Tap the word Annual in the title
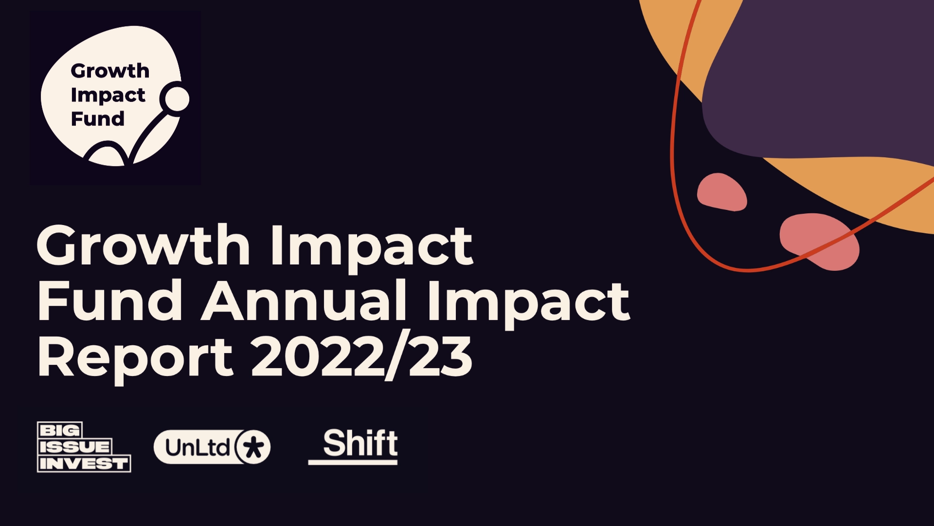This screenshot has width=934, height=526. tap(304, 301)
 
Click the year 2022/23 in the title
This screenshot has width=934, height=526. tap(361, 357)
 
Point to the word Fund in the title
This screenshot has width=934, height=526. tap(110, 301)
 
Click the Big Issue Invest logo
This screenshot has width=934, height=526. tap(84, 447)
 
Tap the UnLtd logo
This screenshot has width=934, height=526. tap(212, 447)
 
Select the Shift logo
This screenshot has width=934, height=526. tap(353, 446)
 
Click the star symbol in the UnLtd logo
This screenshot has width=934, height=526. tap(253, 447)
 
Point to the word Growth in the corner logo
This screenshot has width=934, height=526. tap(110, 71)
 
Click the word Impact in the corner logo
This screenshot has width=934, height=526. tap(108, 95)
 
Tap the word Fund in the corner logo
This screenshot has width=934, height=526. tap(98, 118)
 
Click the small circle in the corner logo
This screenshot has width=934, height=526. tap(176, 98)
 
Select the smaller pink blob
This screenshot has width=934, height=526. tap(721, 192)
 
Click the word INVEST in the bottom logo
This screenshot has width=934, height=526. tap(84, 464)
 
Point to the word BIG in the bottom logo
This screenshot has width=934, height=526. tap(59, 431)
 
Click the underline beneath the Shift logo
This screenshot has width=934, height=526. tap(353, 462)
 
